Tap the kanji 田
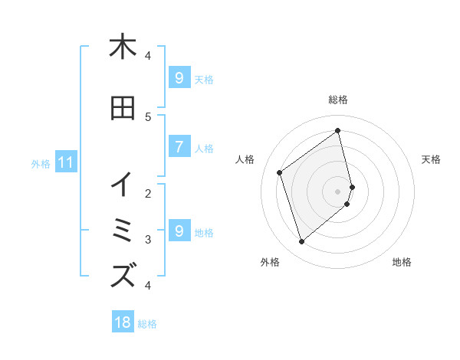pos(122,108)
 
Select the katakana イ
pos(122,185)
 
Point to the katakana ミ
pos(123,231)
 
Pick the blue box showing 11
pos(66,162)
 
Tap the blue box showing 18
pos(123,322)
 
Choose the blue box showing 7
pos(179,147)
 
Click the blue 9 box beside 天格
pos(179,78)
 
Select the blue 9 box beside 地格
pos(179,231)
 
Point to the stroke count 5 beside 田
pos(148,116)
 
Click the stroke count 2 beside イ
pos(148,193)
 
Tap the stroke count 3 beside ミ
pos(148,240)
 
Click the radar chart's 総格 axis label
pos(338,100)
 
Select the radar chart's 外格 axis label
pos(270,262)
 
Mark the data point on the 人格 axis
pos(280,172)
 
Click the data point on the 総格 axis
pos(338,131)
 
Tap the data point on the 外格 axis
pos(301,242)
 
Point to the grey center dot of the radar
pos(338,191)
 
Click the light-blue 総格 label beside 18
pos(147,324)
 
